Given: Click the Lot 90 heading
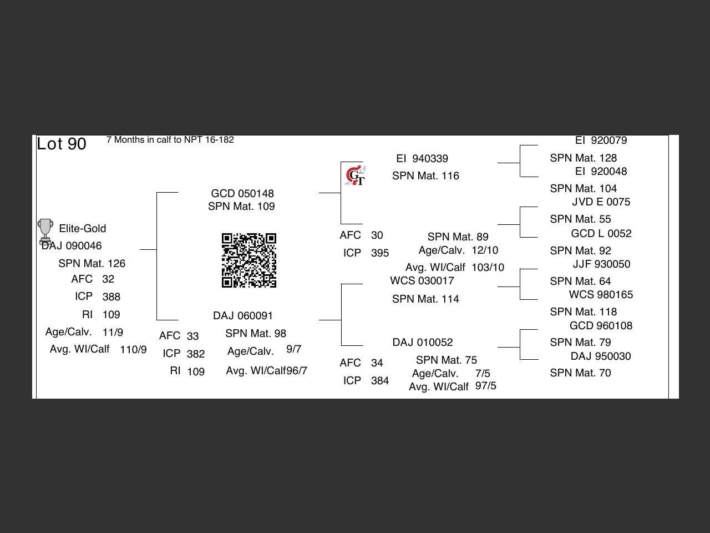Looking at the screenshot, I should click(62, 144).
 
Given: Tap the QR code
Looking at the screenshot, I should click(249, 260).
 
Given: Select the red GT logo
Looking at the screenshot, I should click(355, 176).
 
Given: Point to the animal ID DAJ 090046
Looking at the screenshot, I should click(72, 245).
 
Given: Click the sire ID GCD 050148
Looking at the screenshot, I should click(242, 193).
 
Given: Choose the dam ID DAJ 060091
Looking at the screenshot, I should click(243, 315).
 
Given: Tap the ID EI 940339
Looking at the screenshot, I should click(422, 159).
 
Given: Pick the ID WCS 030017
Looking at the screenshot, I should click(422, 281).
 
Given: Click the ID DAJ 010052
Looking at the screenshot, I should click(423, 342).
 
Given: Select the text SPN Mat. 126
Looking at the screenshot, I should click(92, 263).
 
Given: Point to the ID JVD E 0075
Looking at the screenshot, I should click(601, 202).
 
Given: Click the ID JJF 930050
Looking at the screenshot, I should click(601, 264).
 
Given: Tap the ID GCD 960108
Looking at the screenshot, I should click(601, 325).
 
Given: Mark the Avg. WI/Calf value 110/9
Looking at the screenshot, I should click(133, 350).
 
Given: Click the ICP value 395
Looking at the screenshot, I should click(380, 253).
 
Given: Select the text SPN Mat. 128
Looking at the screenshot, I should click(584, 158).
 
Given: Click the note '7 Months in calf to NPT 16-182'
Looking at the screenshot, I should click(170, 140).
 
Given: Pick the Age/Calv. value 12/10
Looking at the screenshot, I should click(485, 250).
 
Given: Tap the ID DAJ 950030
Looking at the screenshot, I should click(601, 356).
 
